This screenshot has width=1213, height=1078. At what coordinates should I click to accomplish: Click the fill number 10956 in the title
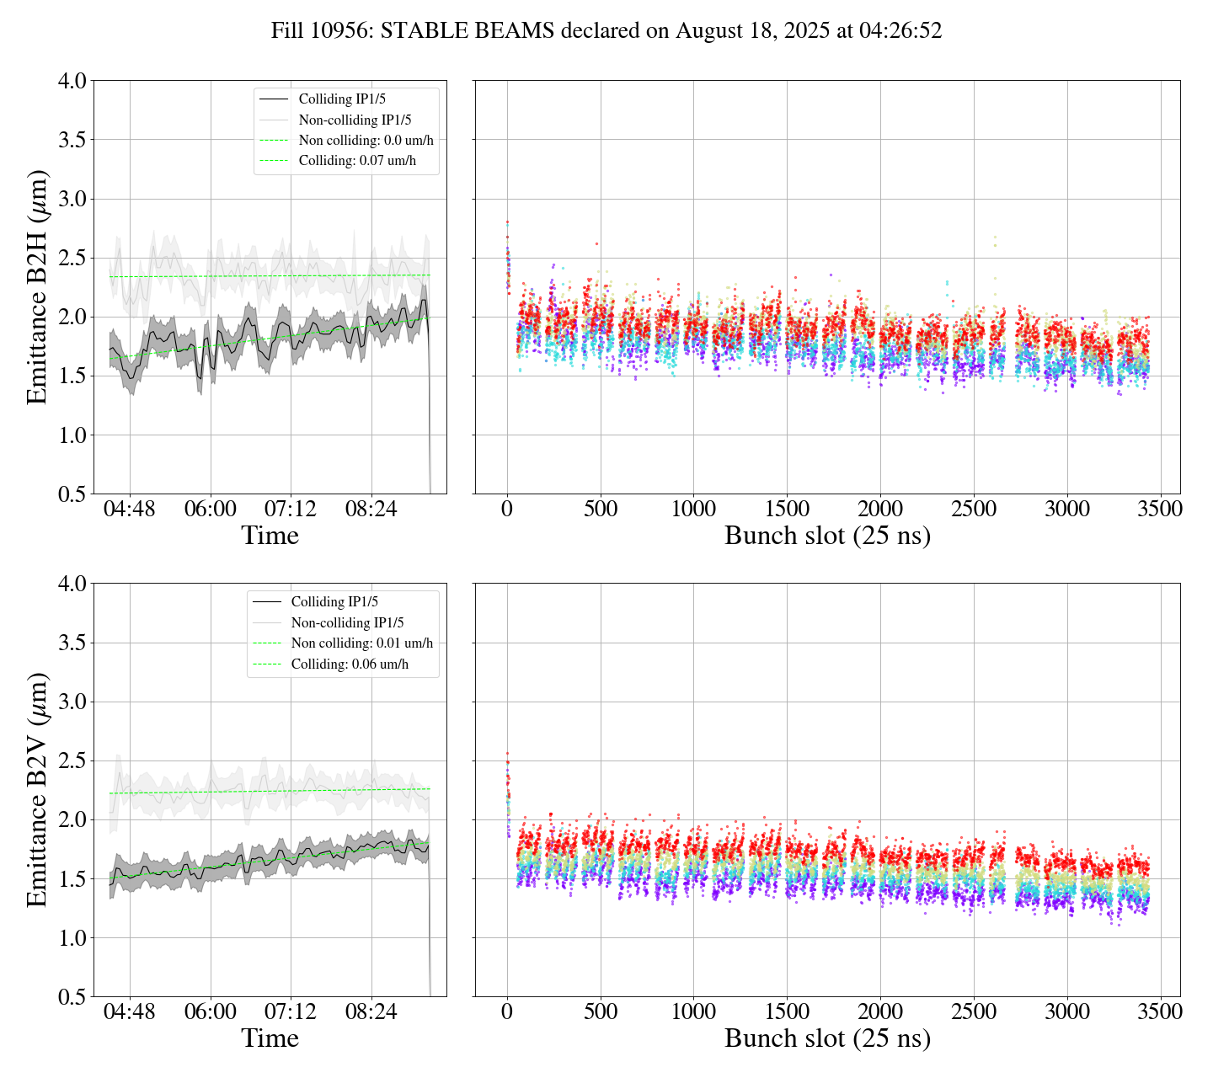[346, 31]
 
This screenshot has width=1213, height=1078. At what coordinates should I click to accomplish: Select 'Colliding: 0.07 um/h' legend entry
[357, 161]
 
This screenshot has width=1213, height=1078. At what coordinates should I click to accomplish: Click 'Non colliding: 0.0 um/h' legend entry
[371, 141]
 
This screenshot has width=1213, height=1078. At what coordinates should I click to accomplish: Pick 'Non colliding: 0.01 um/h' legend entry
[362, 643]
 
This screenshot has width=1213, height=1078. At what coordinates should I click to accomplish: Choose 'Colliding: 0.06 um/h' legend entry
[350, 664]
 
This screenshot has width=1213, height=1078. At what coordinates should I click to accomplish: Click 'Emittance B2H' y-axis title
[37, 286]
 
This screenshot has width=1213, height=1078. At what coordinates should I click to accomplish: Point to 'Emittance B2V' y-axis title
[37, 789]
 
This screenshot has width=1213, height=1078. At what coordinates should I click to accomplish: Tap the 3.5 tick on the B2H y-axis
[72, 140]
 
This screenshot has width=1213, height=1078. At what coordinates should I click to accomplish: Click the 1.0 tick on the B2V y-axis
[72, 938]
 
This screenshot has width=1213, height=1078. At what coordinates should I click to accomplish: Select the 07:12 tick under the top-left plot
[291, 510]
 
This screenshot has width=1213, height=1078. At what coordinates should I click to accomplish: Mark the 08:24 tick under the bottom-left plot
[371, 1011]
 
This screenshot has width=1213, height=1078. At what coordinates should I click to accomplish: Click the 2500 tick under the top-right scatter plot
[974, 510]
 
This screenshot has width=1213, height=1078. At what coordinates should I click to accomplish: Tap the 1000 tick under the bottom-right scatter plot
[693, 1011]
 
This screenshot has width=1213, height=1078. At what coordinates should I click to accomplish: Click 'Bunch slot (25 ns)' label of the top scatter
[827, 536]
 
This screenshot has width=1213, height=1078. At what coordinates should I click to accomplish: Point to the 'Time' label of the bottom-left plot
[270, 1038]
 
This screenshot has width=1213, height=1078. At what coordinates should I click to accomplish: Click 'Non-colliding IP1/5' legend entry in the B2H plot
[355, 120]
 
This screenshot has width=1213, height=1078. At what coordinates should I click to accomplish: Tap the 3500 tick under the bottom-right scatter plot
[1160, 1011]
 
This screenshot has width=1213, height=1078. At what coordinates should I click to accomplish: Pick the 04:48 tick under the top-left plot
[130, 510]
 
